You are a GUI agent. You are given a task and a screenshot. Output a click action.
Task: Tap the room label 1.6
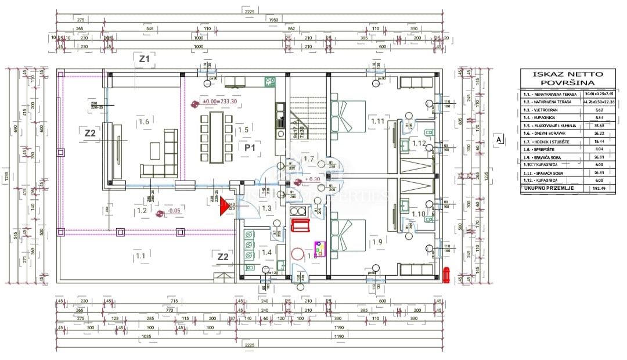tap(144, 122)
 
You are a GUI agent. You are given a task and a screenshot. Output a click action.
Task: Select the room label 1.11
tap(377, 121)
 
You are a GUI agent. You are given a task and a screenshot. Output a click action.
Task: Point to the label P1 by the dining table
tap(250, 148)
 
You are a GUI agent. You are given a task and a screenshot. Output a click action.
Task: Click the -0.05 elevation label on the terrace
tap(172, 211)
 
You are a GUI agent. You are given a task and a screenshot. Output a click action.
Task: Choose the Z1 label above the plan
tap(144, 59)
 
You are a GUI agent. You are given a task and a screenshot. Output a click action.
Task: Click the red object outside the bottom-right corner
tap(446, 275)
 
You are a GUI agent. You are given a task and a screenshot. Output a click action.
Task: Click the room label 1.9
tap(377, 242)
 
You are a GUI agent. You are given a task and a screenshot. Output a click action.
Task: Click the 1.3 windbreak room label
tap(266, 208)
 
